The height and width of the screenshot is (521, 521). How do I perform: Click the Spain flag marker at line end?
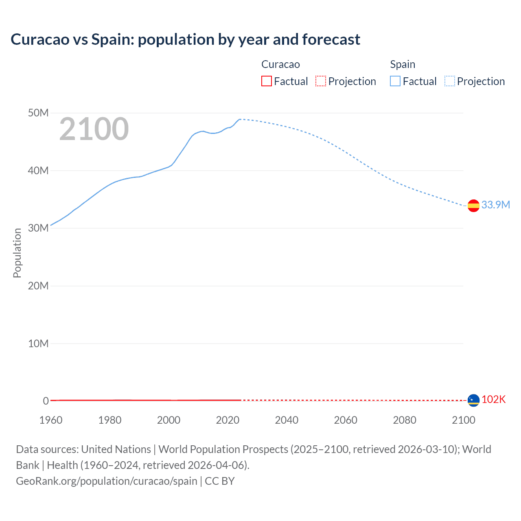[473, 206]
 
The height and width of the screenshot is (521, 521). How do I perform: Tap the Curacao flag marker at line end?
[473, 401]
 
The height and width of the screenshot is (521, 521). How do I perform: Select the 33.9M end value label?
[495, 205]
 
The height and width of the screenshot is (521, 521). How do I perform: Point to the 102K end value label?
[493, 399]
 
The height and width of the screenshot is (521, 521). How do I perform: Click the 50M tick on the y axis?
[38, 113]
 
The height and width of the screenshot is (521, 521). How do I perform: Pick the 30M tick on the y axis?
[38, 228]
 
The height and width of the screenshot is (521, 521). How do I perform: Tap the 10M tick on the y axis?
[38, 344]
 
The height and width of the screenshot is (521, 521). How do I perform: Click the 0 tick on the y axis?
[46, 401]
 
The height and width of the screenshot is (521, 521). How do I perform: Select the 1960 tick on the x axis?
[51, 420]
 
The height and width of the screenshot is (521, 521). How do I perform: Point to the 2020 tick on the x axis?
[228, 420]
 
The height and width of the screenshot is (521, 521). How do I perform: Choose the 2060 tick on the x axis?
[346, 420]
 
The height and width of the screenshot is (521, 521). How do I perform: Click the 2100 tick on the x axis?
[463, 420]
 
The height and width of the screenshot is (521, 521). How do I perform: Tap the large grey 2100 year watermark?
[94, 129]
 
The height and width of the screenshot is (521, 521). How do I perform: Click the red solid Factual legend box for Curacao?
[266, 81]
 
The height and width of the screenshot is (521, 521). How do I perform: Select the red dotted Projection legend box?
[321, 81]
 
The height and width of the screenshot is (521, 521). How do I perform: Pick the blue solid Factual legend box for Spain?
[395, 81]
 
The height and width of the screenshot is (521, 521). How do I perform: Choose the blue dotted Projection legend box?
[450, 81]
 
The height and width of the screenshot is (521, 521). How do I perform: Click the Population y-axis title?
[17, 253]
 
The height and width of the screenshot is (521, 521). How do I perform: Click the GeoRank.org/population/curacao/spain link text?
[107, 481]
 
